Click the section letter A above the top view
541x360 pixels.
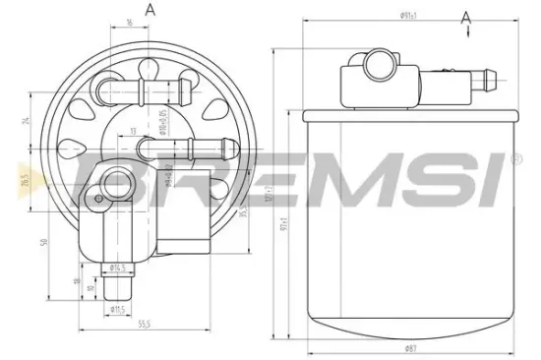[150, 10]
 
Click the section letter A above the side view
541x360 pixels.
[465, 17]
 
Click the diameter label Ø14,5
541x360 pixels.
[119, 267]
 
